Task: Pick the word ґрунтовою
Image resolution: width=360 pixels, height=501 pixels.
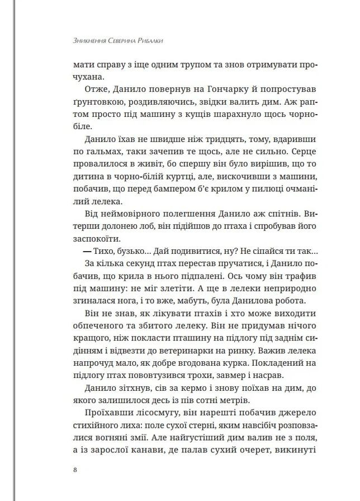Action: (x=93, y=104)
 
